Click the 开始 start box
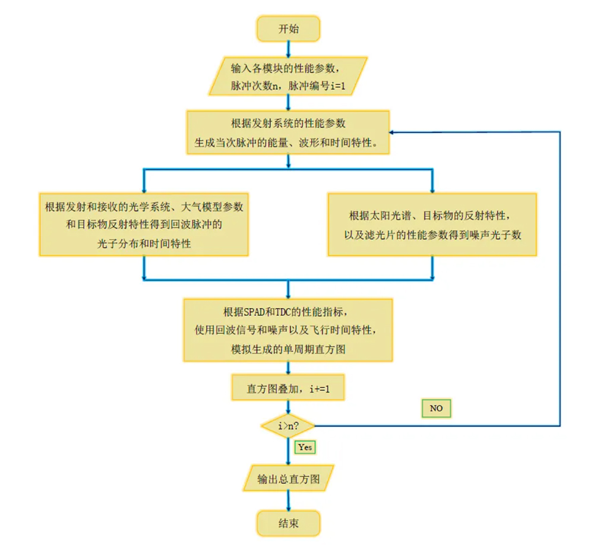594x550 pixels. pyautogui.click(x=288, y=29)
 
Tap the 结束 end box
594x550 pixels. pyautogui.click(x=288, y=523)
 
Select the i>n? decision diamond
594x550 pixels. pyautogui.click(x=288, y=426)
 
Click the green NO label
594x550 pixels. pyautogui.click(x=436, y=409)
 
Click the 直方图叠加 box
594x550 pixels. pyautogui.click(x=288, y=390)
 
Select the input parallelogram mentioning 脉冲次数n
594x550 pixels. pyautogui.click(x=288, y=75)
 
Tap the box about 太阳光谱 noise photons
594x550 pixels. pyautogui.click(x=432, y=225)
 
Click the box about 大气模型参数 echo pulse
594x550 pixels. pyautogui.click(x=144, y=225)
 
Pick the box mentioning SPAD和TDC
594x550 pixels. pyautogui.click(x=288, y=330)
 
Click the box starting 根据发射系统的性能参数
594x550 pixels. pyautogui.click(x=288, y=132)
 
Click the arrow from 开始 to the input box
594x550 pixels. pyautogui.click(x=288, y=48)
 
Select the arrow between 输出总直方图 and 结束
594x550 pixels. pyautogui.click(x=288, y=500)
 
